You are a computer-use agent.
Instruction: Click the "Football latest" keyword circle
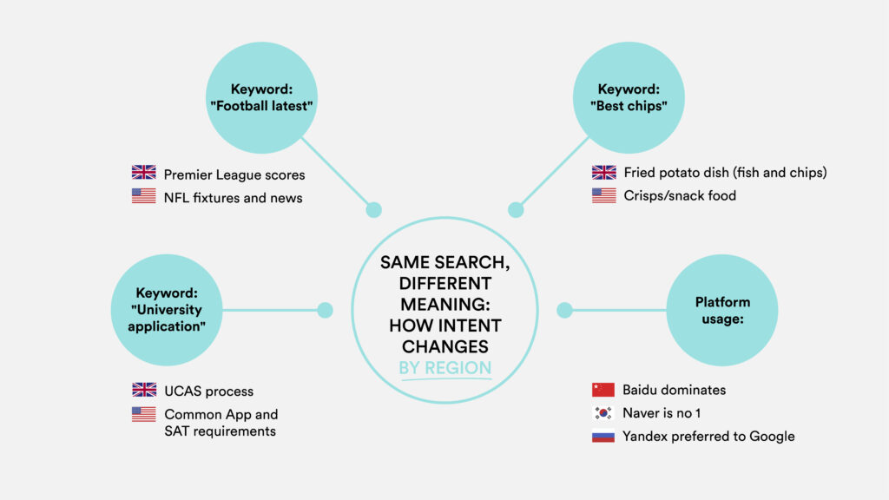pyautogui.click(x=261, y=97)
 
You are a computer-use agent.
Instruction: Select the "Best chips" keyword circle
pyautogui.click(x=629, y=97)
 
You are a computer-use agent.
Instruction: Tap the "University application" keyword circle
pyautogui.click(x=167, y=310)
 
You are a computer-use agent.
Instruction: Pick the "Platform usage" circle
pyautogui.click(x=722, y=310)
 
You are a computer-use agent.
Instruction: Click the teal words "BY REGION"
pyautogui.click(x=445, y=368)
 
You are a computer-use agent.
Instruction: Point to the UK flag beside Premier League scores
pyautogui.click(x=143, y=173)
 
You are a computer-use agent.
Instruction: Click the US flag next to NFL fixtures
pyautogui.click(x=143, y=195)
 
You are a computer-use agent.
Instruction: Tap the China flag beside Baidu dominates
pyautogui.click(x=603, y=390)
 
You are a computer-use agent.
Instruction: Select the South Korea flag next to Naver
pyautogui.click(x=603, y=412)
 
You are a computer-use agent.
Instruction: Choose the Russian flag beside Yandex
pyautogui.click(x=603, y=436)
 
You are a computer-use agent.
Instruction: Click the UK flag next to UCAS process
pyautogui.click(x=144, y=390)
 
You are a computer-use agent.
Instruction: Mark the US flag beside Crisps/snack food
pyautogui.click(x=604, y=195)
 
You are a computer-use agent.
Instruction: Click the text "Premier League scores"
pyautogui.click(x=234, y=174)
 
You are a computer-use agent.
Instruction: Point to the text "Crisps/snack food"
pyautogui.click(x=680, y=195)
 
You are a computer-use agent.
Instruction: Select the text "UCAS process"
pyautogui.click(x=208, y=391)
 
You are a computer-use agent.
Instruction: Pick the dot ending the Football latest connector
pyautogui.click(x=373, y=210)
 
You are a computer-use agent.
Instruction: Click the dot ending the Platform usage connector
pyautogui.click(x=564, y=310)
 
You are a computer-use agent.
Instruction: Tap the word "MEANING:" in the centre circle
pyautogui.click(x=445, y=305)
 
